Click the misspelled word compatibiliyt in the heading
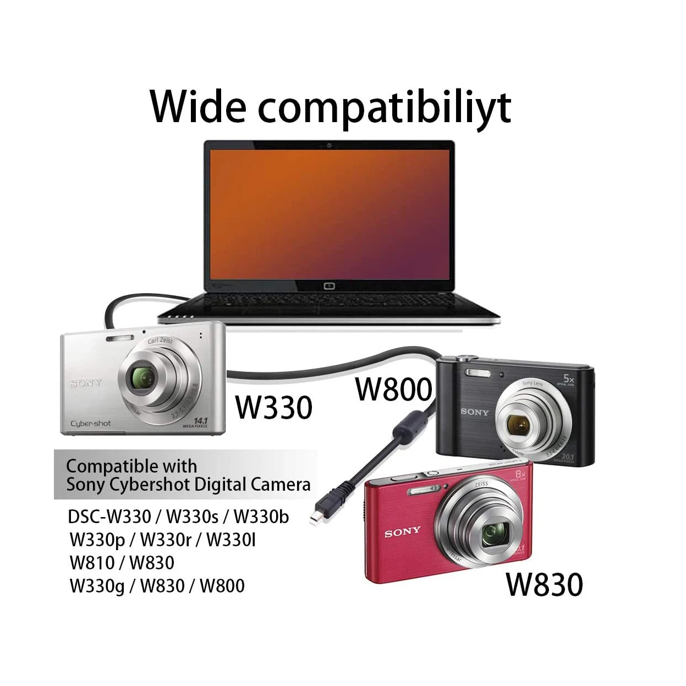[x=385, y=108]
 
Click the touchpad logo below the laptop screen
[x=329, y=286]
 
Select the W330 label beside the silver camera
[x=273, y=408]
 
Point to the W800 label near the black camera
[x=393, y=389]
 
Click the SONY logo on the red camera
[x=402, y=533]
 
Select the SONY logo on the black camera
[x=474, y=411]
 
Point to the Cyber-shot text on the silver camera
[x=90, y=424]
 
